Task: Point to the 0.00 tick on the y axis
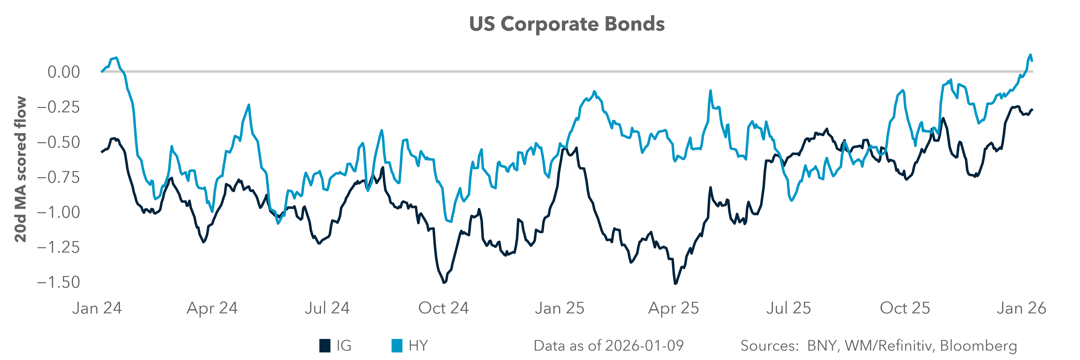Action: pyautogui.click(x=63, y=72)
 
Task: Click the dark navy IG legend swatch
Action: pyautogui.click(x=325, y=346)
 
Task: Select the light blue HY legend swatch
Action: pyautogui.click(x=397, y=346)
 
